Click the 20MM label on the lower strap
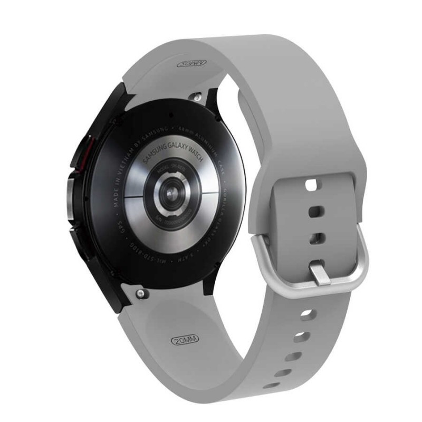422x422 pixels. pyautogui.click(x=185, y=340)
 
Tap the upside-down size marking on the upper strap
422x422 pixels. pyautogui.click(x=190, y=63)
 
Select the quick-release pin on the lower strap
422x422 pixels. pyautogui.click(x=139, y=291)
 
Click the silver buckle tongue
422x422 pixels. pyautogui.click(x=320, y=274)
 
